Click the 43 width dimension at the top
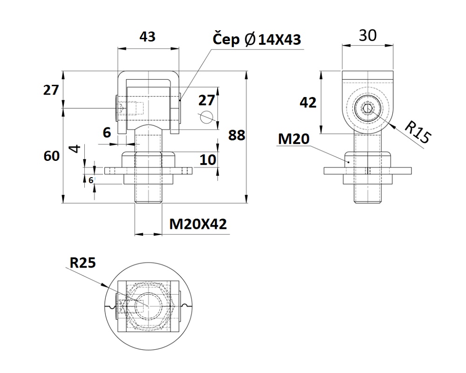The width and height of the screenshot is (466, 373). click(x=148, y=37)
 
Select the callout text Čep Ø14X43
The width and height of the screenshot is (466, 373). click(x=257, y=40)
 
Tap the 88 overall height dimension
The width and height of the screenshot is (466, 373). click(x=237, y=135)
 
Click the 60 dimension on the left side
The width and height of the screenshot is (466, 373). click(x=52, y=156)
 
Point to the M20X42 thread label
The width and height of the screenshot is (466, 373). click(x=198, y=225)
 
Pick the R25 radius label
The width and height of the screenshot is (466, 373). click(x=82, y=263)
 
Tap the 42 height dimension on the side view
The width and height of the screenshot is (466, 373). click(x=308, y=102)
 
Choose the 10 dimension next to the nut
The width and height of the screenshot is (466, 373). click(x=208, y=160)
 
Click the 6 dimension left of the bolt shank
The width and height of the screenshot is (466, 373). click(x=107, y=132)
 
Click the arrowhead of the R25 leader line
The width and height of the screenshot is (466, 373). click(x=108, y=285)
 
